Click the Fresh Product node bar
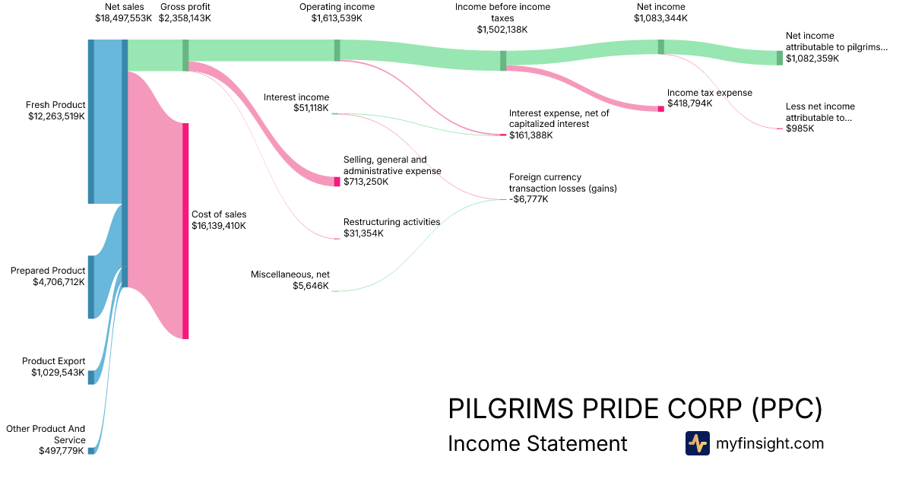point(91,122)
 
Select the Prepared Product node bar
point(91,287)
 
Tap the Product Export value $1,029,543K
point(58,373)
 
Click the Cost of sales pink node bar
point(185,230)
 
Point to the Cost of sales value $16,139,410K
point(219,226)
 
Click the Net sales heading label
point(124,7)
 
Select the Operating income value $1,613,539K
point(337,17)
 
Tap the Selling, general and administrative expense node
point(337,182)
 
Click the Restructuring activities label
point(391,222)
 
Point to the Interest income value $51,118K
point(311,108)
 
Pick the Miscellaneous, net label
point(290,274)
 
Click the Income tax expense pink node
point(660,109)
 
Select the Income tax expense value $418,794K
point(689,103)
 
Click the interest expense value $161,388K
point(531,135)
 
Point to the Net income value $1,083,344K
point(660,17)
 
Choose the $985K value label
point(800,128)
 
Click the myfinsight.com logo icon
point(697,443)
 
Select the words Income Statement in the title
point(537,443)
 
